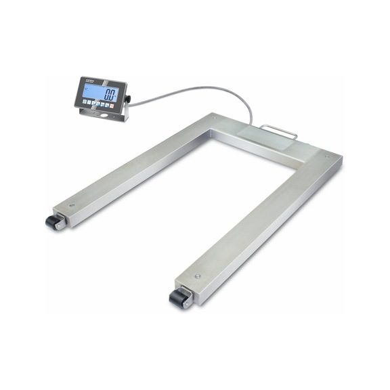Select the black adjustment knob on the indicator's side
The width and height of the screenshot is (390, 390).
[127, 100]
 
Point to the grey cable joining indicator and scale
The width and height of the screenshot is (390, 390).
[196, 89]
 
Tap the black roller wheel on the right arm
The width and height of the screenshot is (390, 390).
[179, 298]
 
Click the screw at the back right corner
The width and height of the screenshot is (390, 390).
[327, 158]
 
